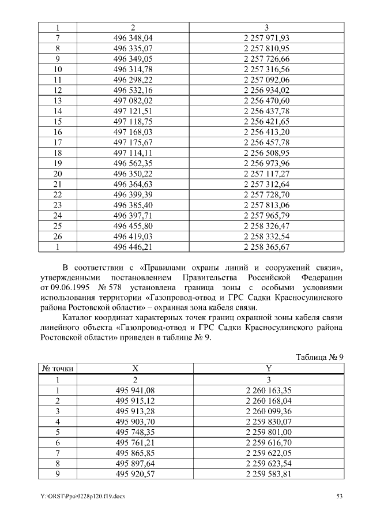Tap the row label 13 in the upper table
[57, 100]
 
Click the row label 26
[57, 236]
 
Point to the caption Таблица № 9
[319, 356]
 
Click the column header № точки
[57, 369]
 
